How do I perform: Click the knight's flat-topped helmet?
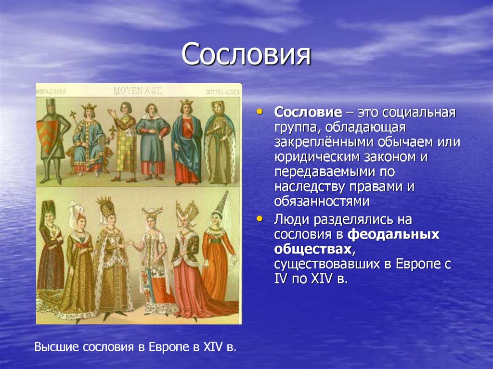(x=50, y=104)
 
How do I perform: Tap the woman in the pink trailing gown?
(x=185, y=269)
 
